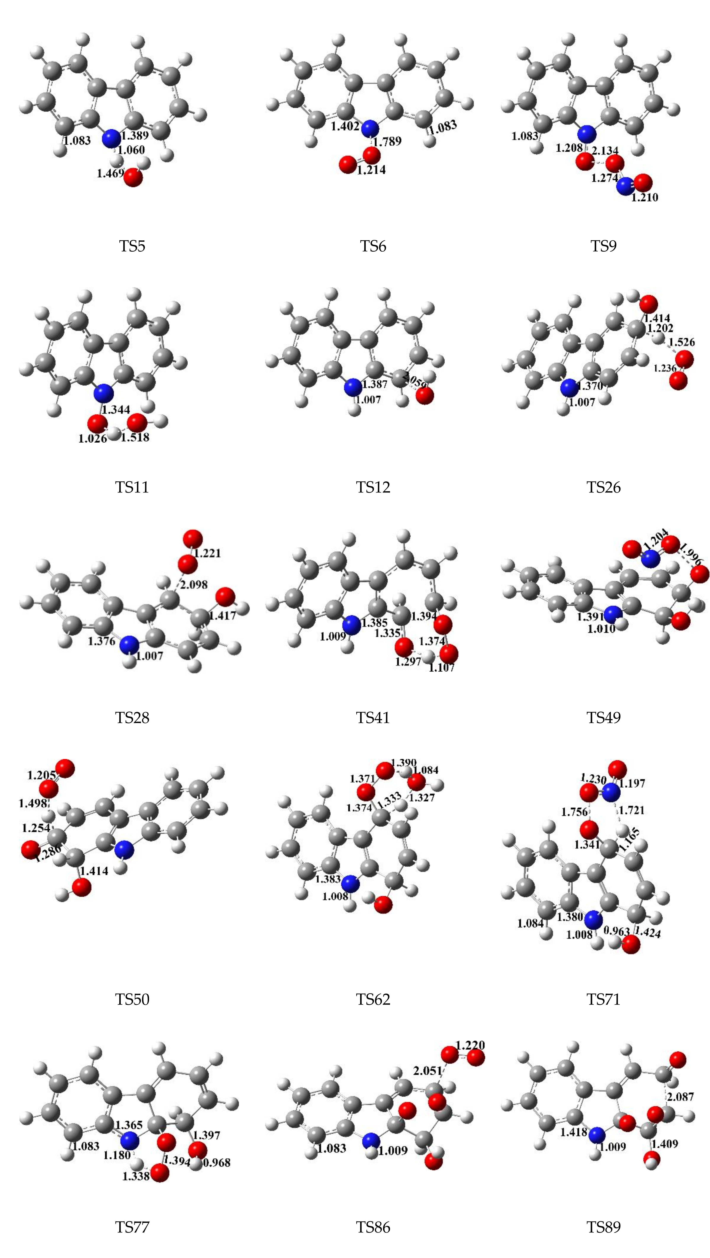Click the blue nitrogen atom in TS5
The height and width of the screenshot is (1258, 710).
coord(111,138)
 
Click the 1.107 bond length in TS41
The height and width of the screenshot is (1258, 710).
coord(441,667)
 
